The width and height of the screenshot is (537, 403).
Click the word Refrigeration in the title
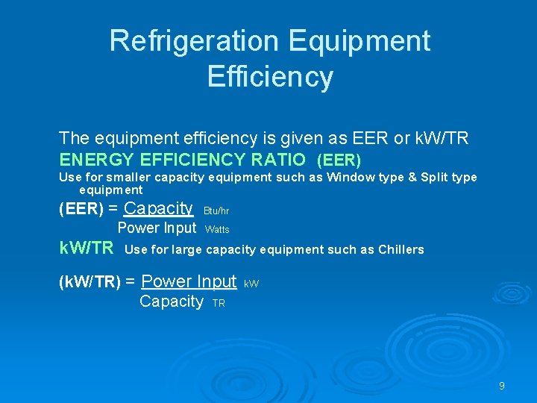[192, 41]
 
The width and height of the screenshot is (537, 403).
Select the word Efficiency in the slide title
[270, 77]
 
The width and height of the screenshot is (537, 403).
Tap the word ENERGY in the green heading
[97, 160]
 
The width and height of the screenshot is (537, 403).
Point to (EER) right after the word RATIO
[339, 160]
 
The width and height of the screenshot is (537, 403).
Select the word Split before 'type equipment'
[436, 178]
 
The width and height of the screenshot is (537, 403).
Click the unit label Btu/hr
[216, 211]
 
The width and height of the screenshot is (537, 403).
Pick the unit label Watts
[217, 230]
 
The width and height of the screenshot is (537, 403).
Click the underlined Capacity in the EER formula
[158, 209]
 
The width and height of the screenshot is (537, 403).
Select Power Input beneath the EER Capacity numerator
[157, 228]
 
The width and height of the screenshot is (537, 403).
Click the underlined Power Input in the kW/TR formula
[189, 282]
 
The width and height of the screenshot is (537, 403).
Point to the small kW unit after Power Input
[251, 284]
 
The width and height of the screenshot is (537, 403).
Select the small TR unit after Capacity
[219, 304]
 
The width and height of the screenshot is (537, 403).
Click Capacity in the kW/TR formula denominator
[172, 302]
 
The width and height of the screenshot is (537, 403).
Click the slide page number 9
[501, 386]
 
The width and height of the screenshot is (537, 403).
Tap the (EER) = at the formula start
[89, 210]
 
